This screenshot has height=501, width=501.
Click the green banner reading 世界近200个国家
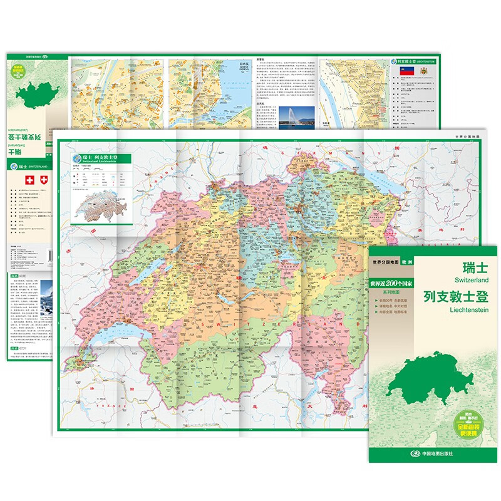(400, 287)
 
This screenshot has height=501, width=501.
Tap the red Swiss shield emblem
(43, 180)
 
